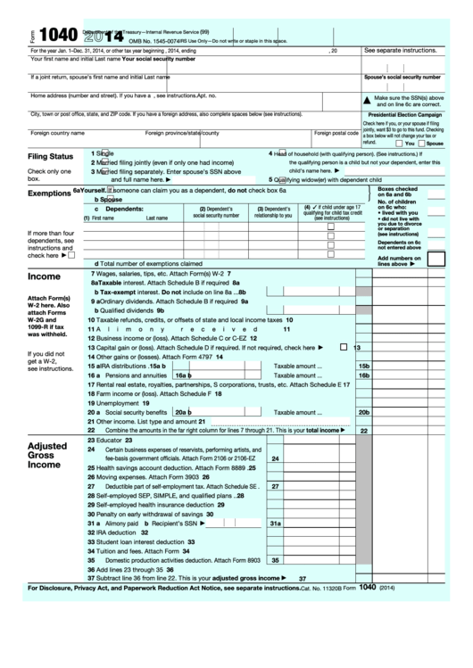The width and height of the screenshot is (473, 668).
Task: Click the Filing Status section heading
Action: tap(50, 156)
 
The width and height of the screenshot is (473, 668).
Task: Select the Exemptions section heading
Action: tap(49, 193)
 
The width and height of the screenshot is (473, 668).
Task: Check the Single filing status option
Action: tap(104, 153)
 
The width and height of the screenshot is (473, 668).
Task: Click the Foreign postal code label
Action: tap(336, 133)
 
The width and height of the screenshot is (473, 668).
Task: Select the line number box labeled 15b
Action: tap(363, 366)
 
